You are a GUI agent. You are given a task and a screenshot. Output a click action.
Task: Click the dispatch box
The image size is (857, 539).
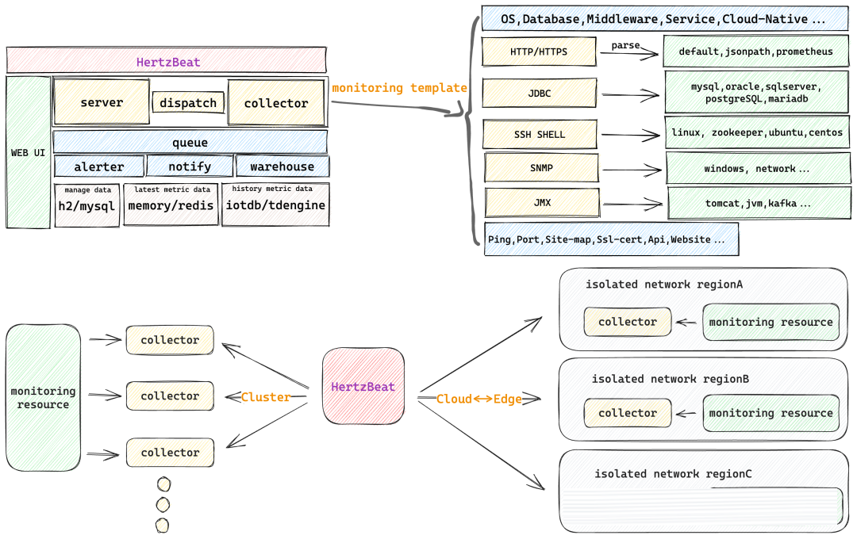pyautogui.click(x=189, y=102)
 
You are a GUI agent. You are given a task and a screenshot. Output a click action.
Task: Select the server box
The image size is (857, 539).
pyautogui.click(x=102, y=102)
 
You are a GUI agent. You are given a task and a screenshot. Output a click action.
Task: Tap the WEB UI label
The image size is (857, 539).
pyautogui.click(x=28, y=152)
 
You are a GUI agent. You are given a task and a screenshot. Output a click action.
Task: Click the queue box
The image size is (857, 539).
pyautogui.click(x=190, y=143)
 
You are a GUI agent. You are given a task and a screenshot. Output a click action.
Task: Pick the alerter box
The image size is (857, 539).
pyautogui.click(x=99, y=166)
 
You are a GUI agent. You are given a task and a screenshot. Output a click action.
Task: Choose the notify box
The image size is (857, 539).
pyautogui.click(x=190, y=166)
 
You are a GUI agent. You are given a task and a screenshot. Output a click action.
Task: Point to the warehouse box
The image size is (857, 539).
pyautogui.click(x=282, y=166)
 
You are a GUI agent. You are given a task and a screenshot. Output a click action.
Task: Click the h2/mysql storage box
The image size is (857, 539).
pyautogui.click(x=87, y=205)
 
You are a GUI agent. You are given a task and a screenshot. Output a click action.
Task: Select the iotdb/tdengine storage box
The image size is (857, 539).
pyautogui.click(x=275, y=205)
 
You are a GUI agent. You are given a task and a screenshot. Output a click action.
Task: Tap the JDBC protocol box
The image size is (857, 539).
pyautogui.click(x=540, y=94)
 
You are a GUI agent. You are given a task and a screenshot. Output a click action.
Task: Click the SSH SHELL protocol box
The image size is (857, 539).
pyautogui.click(x=540, y=134)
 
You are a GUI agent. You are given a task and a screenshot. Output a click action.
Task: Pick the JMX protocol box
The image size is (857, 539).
pyautogui.click(x=542, y=203)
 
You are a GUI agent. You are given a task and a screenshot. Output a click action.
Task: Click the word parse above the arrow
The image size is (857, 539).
pyautogui.click(x=625, y=46)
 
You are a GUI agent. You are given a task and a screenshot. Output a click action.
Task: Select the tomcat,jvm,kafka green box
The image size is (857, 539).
pyautogui.click(x=758, y=204)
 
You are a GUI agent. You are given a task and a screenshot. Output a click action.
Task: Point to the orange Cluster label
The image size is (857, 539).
pyautogui.click(x=266, y=397)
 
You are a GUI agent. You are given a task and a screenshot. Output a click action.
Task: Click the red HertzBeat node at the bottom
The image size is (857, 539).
pyautogui.click(x=363, y=386)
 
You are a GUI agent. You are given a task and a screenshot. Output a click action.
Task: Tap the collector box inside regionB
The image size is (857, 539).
pyautogui.click(x=628, y=413)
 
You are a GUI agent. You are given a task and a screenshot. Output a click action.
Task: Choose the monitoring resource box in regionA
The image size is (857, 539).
pyautogui.click(x=771, y=322)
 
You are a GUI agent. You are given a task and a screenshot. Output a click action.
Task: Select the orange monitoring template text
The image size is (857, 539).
pyautogui.click(x=399, y=88)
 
